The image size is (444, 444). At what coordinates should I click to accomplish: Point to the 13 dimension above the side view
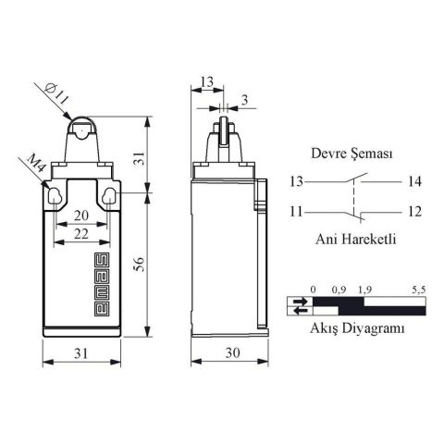tap(206, 83)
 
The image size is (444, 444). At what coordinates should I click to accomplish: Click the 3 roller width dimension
tap(243, 98)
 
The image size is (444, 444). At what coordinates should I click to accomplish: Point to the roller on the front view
tap(81, 130)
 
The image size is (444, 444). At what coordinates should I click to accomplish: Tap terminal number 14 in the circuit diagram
tap(413, 180)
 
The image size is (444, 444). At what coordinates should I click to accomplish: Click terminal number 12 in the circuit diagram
tap(413, 211)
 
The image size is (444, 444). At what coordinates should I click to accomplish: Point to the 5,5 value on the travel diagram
tap(417, 290)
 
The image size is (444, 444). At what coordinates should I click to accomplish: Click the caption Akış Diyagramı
tap(357, 327)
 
